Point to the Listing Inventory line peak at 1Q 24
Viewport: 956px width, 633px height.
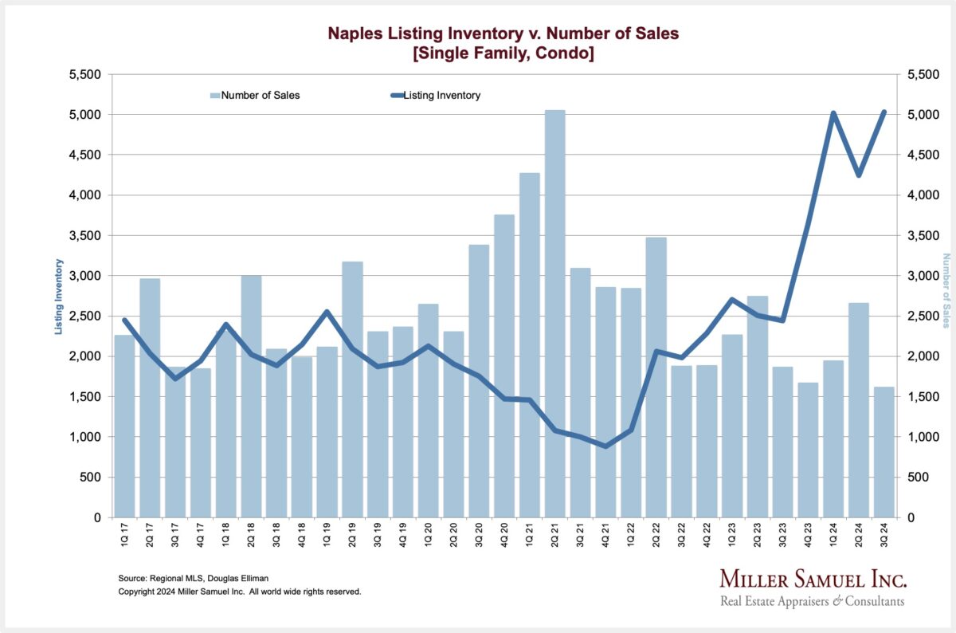[x=833, y=113]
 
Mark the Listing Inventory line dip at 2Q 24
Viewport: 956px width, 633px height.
[x=859, y=175]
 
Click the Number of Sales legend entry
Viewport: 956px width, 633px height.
[x=255, y=96]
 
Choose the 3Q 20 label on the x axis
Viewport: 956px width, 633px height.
[x=480, y=537]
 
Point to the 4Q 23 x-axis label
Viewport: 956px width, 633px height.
[x=808, y=537]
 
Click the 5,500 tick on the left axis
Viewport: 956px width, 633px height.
[x=84, y=75]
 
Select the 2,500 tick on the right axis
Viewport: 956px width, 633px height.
[x=915, y=316]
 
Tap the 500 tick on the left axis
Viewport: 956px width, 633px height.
[x=92, y=478]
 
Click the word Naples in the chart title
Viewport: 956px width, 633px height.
[x=355, y=33]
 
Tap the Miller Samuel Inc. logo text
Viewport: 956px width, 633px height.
[x=813, y=580]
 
